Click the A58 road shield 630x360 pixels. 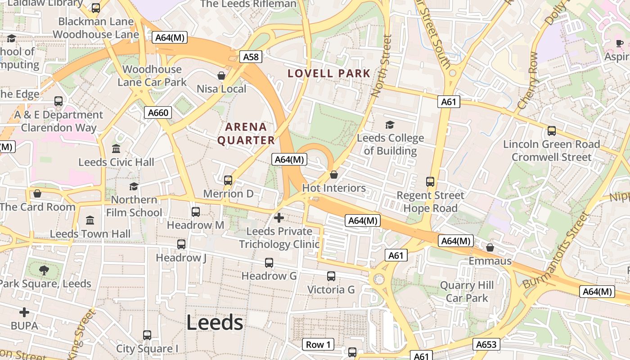251,57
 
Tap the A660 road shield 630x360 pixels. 158,112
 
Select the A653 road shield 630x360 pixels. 486,345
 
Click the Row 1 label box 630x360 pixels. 318,345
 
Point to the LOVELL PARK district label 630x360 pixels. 329,73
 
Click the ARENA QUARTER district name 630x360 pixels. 246,134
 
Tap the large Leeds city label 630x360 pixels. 215,323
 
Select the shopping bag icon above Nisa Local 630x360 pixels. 221,76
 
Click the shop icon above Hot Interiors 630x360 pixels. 334,175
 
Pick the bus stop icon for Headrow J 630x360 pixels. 181,244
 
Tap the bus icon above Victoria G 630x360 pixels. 331,276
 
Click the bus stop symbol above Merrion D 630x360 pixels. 228,180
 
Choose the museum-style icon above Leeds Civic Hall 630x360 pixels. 116,148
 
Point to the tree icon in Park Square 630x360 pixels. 44,270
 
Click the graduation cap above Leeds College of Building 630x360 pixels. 390,125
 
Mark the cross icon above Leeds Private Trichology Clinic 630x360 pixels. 279,218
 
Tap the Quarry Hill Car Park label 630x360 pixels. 467,292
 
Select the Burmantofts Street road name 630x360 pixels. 555,250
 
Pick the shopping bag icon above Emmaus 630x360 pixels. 490,247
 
